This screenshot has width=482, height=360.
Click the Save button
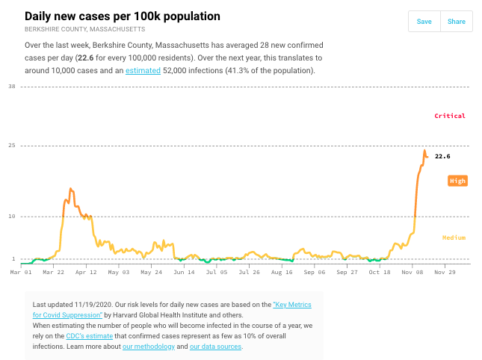tap(424, 22)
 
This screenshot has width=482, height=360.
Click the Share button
tap(456, 22)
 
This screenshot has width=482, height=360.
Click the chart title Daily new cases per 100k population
tap(123, 16)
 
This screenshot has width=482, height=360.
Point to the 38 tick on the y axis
tap(12, 87)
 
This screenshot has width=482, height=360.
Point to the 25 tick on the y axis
tap(12, 145)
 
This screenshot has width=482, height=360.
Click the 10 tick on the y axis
tap(12, 217)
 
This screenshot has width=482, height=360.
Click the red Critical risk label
tap(450, 116)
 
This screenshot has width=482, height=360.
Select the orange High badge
tap(457, 181)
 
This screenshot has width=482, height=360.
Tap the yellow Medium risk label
tap(454, 238)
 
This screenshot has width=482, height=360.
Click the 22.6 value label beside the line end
tap(442, 156)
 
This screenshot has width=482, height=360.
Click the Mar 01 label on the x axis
tap(21, 273)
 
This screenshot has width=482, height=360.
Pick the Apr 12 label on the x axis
tap(86, 273)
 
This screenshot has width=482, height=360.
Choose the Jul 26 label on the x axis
tap(250, 273)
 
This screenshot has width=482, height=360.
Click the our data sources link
tap(216, 347)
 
